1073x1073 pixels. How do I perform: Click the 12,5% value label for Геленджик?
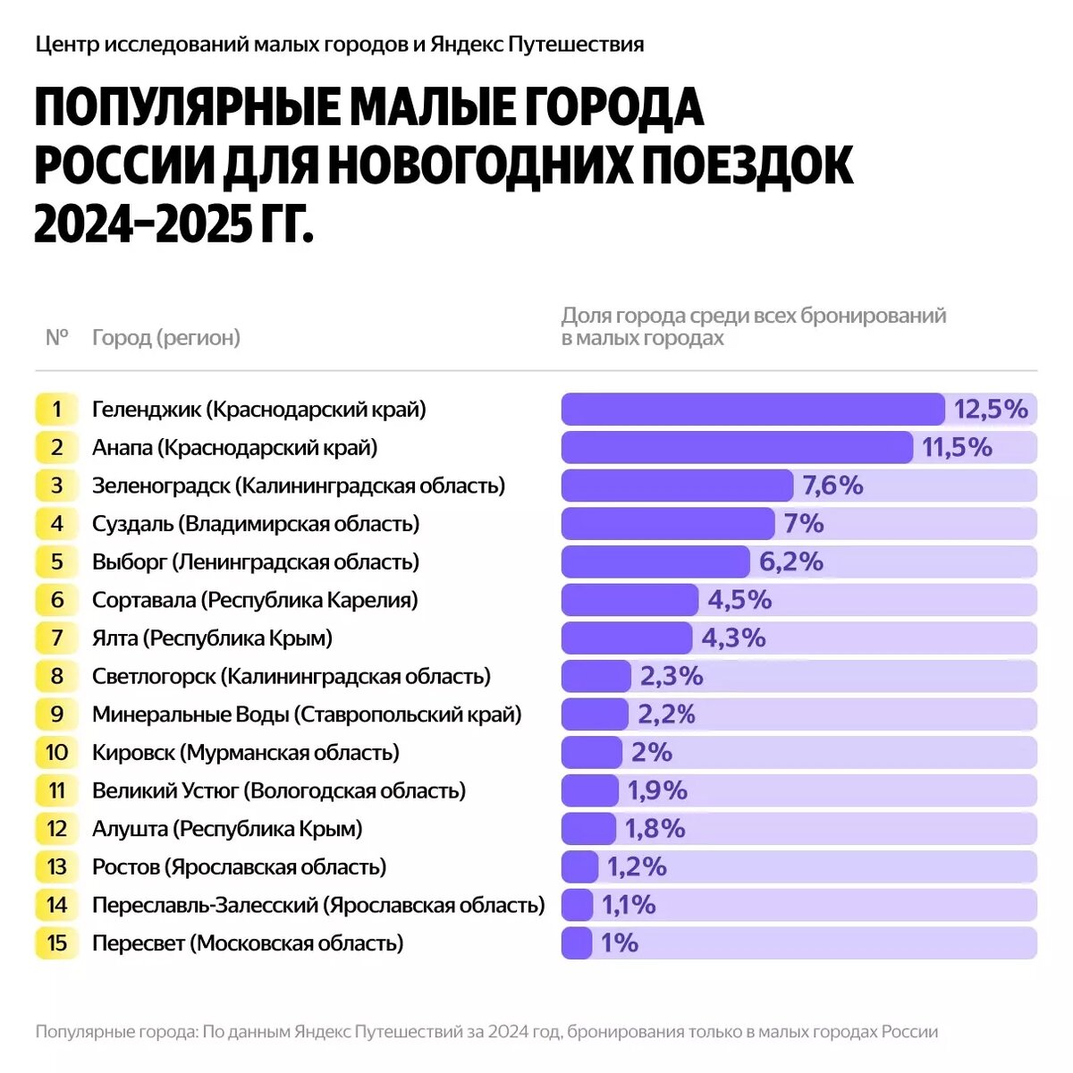[991, 410]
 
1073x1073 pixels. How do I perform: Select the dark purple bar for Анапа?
[736, 447]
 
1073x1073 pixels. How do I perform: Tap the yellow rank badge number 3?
[57, 486]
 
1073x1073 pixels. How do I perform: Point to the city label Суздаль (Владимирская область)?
[256, 524]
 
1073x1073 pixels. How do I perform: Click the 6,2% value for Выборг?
[790, 562]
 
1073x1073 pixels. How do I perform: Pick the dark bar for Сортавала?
[629, 600]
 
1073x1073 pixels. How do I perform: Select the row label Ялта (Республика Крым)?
[212, 638]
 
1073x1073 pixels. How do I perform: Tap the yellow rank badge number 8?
[57, 676]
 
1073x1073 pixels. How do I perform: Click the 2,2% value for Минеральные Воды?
[666, 714]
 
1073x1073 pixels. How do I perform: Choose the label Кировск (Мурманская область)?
[246, 753]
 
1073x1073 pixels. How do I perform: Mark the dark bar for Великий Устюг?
[590, 790]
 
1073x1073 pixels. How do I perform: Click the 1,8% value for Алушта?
[655, 829]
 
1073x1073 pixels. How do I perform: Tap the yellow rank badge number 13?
[57, 867]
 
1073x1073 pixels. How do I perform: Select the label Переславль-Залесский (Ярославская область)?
[318, 905]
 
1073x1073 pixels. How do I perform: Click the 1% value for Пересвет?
[619, 943]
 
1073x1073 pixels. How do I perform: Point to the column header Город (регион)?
[166, 338]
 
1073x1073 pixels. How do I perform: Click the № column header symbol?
[57, 338]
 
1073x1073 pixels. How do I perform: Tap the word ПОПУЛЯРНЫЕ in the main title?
[188, 108]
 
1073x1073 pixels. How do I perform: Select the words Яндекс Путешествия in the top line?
[536, 44]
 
